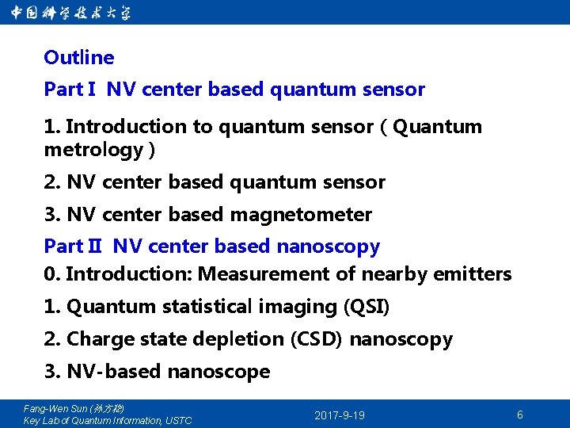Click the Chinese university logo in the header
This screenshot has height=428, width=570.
coord(71,12)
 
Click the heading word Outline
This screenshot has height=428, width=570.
coord(79,58)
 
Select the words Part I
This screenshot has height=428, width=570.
coord(70,90)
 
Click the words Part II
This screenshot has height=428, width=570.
coord(73,246)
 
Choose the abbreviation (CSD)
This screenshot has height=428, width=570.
coord(317,339)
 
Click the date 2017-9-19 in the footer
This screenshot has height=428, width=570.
coord(340,415)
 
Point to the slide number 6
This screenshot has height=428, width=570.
coord(519,415)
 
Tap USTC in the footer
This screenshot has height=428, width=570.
coord(178,420)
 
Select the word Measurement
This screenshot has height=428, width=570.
coord(253,274)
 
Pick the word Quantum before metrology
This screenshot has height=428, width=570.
coord(437,127)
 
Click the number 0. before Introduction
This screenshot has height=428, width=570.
coord(52,274)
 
